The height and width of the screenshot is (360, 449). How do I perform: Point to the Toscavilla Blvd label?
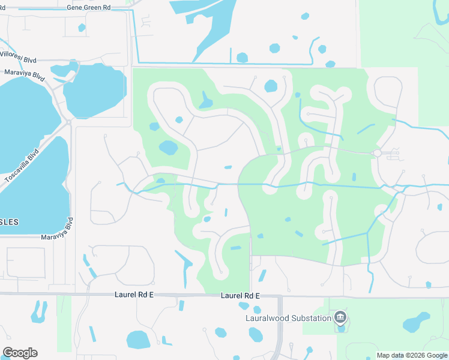22,166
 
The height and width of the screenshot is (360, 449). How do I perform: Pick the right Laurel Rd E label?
240,296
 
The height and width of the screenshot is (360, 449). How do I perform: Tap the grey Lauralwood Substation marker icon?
341,317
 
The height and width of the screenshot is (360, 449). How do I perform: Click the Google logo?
20,353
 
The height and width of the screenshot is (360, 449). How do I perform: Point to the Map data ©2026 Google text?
412,355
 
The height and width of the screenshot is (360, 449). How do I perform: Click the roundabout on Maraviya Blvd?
70,122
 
